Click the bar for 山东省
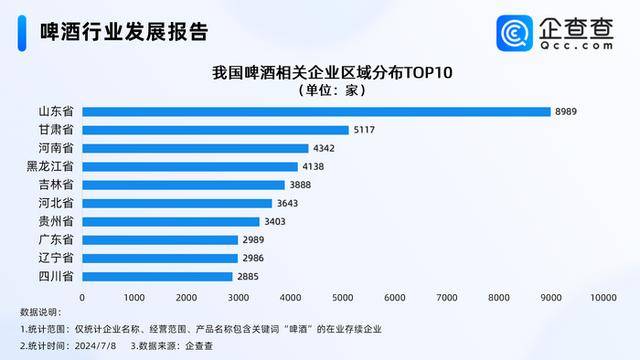316,111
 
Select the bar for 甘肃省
215,129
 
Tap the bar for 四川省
157,276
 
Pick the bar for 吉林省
183,185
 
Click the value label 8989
566,111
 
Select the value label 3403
275,221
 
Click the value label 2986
253,258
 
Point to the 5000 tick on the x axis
342,297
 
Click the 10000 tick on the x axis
602,297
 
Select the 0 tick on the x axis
82,297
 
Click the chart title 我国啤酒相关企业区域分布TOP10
319,73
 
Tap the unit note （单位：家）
319,90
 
